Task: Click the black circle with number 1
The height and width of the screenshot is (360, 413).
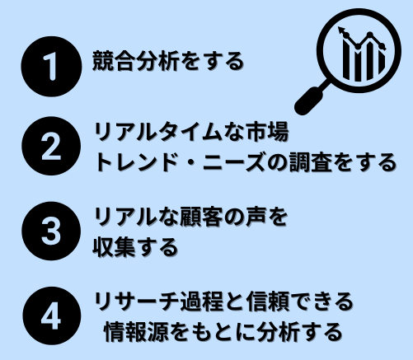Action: [51, 67]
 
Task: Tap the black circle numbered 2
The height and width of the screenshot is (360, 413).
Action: [51, 146]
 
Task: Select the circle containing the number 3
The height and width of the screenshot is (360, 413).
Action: [51, 231]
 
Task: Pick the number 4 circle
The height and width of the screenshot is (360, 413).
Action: [52, 316]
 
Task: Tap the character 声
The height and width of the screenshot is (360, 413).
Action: [256, 217]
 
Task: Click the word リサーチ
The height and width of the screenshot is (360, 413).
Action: [137, 302]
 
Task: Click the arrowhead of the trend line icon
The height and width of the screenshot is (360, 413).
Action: [341, 30]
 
